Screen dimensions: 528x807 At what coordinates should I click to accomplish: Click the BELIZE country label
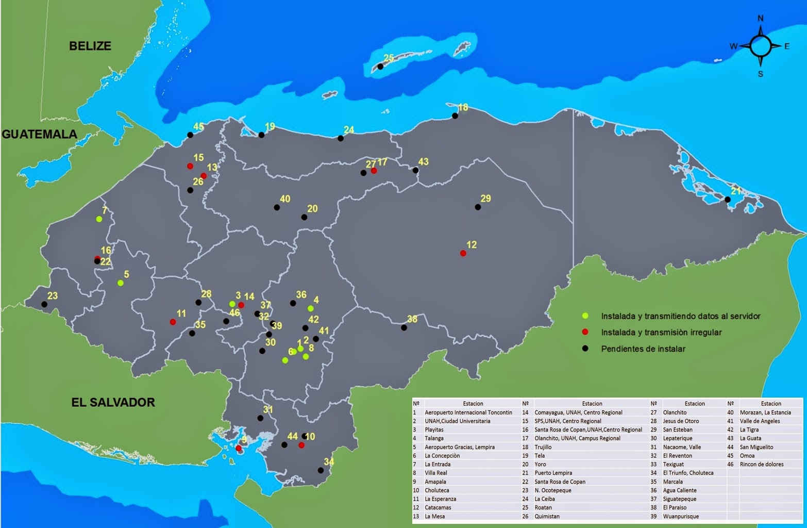pyautogui.click(x=90, y=46)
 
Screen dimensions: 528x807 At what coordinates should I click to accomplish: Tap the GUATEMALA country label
pyautogui.click(x=40, y=134)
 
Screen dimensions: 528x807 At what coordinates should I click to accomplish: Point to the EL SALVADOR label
pyautogui.click(x=113, y=402)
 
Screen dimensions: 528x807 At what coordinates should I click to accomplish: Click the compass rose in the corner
pyautogui.click(x=760, y=46)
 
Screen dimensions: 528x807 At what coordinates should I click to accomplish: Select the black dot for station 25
pyautogui.click(x=380, y=67)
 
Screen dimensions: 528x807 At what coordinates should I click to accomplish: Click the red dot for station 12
pyautogui.click(x=463, y=253)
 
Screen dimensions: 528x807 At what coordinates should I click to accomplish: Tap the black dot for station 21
pyautogui.click(x=728, y=200)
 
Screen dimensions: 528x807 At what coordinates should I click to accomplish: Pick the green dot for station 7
pyautogui.click(x=99, y=219)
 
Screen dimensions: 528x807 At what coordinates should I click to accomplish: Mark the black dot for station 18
pyautogui.click(x=455, y=116)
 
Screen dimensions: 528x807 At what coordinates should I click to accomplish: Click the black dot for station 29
pyautogui.click(x=478, y=207)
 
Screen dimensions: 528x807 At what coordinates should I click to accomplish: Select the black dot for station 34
pyautogui.click(x=321, y=470)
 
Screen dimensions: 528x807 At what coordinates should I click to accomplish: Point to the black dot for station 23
pyautogui.click(x=44, y=304)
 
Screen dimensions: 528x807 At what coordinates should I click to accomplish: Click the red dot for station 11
pyautogui.click(x=173, y=322)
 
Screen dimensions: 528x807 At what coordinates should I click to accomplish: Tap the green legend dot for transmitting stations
pyautogui.click(x=585, y=316)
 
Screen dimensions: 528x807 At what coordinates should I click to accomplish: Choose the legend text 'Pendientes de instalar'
pyautogui.click(x=643, y=349)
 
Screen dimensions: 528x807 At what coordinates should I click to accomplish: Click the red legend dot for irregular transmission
pyautogui.click(x=585, y=332)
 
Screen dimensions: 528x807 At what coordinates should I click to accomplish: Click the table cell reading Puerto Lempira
pyautogui.click(x=553, y=473)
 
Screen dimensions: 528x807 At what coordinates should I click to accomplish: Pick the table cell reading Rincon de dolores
pyautogui.click(x=761, y=464)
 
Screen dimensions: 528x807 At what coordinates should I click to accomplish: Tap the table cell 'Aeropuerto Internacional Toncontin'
pyautogui.click(x=468, y=412)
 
